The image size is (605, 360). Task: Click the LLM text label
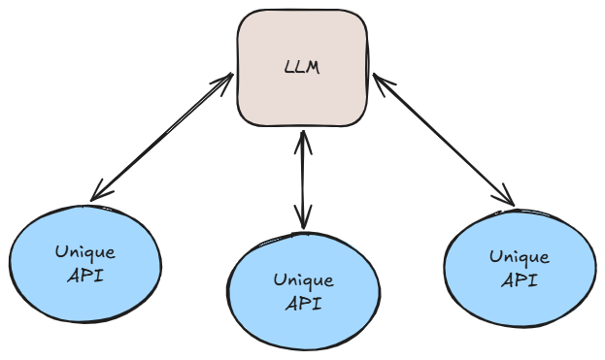point(302,68)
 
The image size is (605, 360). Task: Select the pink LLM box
point(303,68)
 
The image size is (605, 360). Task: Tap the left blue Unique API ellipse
point(85,264)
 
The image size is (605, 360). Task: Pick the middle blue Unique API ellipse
point(304,291)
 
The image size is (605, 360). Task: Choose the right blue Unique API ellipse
point(521,269)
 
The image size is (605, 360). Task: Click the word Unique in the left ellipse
point(85,252)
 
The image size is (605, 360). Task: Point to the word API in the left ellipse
point(85,276)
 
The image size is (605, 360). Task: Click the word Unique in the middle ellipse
point(304,279)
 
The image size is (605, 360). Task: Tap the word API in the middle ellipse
point(304,304)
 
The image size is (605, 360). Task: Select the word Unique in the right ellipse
point(520,257)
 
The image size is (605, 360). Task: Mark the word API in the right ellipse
point(520,279)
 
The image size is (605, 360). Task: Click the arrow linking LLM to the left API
point(161,137)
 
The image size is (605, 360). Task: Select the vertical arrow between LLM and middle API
point(303,180)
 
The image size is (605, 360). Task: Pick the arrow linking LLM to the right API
point(444,140)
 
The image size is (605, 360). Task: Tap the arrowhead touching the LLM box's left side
point(223,82)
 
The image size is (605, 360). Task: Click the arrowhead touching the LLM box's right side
point(383,83)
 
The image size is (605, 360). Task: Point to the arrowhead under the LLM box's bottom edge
point(303,142)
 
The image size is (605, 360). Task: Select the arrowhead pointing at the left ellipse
point(100,191)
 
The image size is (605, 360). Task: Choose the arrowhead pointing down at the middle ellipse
point(303,217)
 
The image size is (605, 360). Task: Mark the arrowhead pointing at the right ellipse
point(505,196)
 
